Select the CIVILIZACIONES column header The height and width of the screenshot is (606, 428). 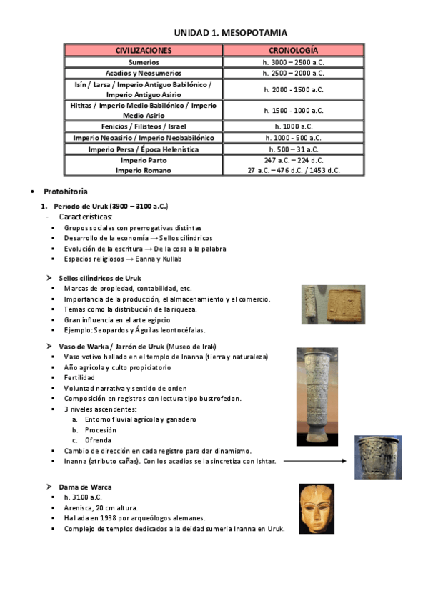(144, 51)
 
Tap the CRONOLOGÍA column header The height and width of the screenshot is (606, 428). (293, 51)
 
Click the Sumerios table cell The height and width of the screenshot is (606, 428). (144, 62)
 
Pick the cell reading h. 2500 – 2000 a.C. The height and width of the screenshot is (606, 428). (293, 73)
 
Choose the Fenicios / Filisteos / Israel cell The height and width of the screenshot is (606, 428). (144, 126)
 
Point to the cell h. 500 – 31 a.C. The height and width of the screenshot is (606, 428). (293, 149)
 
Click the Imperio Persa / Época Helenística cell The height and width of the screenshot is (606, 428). (144, 149)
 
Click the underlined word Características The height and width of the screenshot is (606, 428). (86, 217)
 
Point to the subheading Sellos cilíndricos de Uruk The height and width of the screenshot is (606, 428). (100, 278)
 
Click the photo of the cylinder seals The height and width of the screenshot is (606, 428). (332, 304)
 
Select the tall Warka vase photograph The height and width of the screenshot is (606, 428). (317, 397)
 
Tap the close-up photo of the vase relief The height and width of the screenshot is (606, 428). (378, 457)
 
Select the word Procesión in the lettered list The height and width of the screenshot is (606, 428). (100, 430)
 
